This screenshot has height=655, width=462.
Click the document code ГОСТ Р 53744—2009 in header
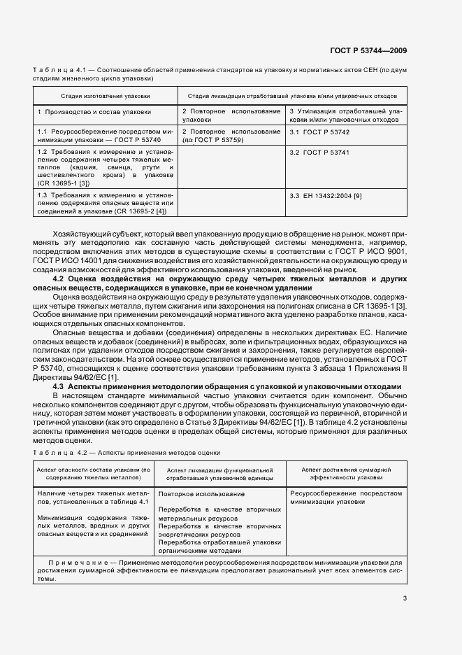[370, 50]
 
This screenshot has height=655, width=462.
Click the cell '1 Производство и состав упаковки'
[94, 112]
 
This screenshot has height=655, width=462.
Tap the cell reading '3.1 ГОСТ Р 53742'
[319, 132]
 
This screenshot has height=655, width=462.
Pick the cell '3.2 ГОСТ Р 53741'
[319, 152]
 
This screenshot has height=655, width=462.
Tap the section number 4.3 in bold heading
[59, 386]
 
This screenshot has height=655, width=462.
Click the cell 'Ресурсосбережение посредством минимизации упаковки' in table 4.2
[346, 497]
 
